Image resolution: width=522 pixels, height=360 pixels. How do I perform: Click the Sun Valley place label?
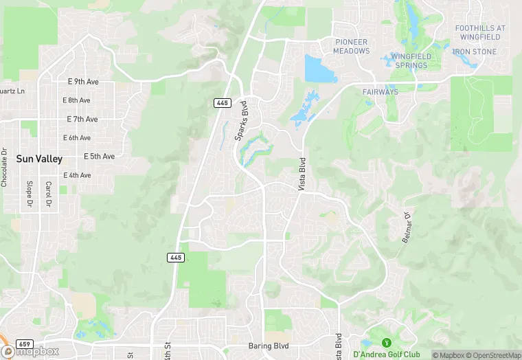click(x=39, y=159)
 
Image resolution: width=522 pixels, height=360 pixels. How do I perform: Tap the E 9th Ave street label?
click(x=83, y=82)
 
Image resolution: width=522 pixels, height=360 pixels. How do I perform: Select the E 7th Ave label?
click(x=82, y=119)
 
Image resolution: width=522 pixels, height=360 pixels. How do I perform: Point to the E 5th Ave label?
click(x=99, y=156)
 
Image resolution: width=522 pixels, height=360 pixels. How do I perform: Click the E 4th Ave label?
click(x=77, y=175)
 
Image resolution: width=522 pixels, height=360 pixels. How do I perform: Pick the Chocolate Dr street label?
click(x=4, y=168)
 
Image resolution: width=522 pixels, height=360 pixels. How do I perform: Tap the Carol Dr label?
click(x=48, y=194)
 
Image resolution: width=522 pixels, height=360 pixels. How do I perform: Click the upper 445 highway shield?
click(x=221, y=102)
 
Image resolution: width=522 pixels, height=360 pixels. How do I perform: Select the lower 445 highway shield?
click(x=175, y=257)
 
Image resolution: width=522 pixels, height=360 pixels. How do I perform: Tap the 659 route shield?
click(x=23, y=344)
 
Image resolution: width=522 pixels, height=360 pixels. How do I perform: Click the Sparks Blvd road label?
click(x=241, y=120)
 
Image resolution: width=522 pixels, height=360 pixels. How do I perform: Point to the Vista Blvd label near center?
click(x=302, y=173)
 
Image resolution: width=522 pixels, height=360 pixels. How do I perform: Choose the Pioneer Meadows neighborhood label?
click(x=352, y=46)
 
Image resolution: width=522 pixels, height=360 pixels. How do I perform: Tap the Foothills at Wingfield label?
click(x=480, y=32)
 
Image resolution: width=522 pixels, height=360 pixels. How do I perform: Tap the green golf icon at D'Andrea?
click(x=386, y=343)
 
